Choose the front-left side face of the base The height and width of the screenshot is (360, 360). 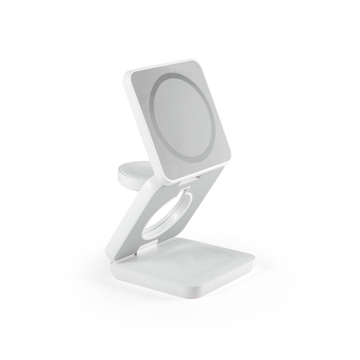[x=151, y=284]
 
